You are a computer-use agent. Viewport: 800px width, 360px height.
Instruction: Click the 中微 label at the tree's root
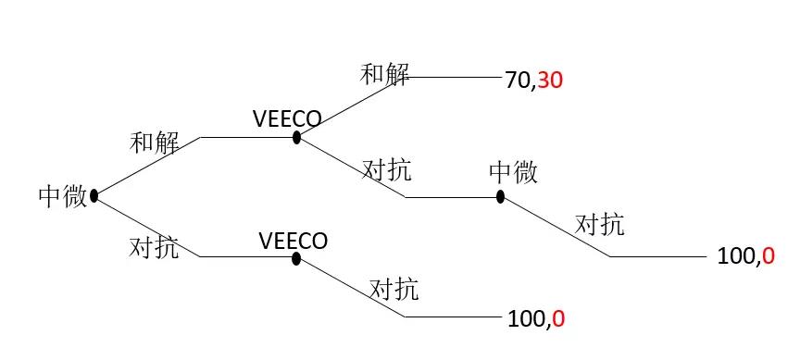click(62, 195)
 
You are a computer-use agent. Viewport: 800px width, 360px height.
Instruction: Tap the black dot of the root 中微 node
click(94, 195)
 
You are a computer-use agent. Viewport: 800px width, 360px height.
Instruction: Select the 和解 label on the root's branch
click(154, 143)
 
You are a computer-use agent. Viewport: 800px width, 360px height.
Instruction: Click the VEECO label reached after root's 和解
click(287, 119)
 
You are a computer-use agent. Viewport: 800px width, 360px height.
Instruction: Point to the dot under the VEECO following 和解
click(296, 138)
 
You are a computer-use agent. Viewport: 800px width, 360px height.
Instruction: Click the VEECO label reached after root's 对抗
click(294, 241)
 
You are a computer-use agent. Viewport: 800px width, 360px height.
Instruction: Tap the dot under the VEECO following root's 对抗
click(296, 258)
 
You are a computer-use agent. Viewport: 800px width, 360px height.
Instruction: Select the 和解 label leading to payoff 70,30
click(384, 75)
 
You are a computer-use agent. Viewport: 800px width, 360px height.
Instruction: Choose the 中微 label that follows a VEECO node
click(513, 171)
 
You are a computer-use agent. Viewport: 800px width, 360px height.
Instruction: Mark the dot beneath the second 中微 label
click(500, 197)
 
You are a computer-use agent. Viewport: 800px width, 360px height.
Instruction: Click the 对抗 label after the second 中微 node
click(599, 224)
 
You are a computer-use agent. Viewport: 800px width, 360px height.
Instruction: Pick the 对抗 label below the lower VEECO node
click(394, 289)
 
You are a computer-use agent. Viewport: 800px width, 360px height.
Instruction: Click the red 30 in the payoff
click(551, 81)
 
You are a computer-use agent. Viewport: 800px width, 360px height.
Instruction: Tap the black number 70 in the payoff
click(517, 81)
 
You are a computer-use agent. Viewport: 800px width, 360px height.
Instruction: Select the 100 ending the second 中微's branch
click(737, 258)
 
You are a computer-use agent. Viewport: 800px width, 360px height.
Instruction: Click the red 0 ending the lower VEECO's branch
click(558, 320)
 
